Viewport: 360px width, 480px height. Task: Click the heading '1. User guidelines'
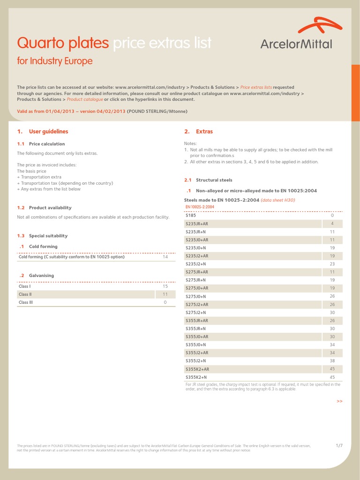[x=43, y=132]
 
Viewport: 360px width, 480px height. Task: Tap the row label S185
[x=191, y=216]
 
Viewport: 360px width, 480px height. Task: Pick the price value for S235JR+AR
[x=332, y=224]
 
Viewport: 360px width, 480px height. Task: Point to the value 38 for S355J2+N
[x=332, y=361]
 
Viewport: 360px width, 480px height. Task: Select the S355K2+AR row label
[x=197, y=369]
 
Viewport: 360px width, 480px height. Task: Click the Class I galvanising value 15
[x=165, y=286]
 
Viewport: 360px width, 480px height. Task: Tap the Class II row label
[x=25, y=294]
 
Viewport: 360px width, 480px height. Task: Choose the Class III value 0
[x=165, y=302]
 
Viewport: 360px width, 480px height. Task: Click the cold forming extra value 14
[x=165, y=257]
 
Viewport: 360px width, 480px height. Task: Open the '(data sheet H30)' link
[x=278, y=200]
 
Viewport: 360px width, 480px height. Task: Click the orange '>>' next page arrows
[x=339, y=401]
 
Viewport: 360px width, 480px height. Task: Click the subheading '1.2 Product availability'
[x=45, y=208]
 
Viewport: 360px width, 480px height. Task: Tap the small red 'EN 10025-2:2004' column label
[x=200, y=207]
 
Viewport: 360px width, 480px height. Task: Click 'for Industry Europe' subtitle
[x=55, y=61]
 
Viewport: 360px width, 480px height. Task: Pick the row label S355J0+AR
[x=197, y=337]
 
